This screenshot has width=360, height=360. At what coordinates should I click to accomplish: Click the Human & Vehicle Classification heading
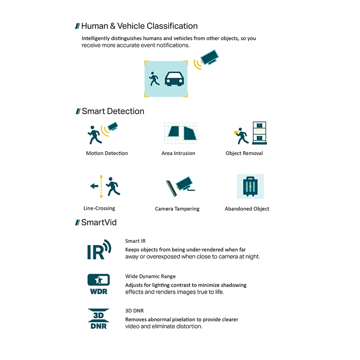tap(139, 26)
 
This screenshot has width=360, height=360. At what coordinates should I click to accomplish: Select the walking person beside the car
tap(154, 79)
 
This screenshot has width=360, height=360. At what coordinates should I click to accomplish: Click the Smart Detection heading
tap(113, 111)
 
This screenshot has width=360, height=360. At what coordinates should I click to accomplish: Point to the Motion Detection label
tap(107, 153)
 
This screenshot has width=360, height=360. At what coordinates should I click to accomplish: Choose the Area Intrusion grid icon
tap(180, 133)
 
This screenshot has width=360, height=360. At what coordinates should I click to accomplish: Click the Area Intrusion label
tap(178, 153)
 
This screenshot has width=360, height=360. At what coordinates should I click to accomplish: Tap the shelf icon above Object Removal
tap(259, 133)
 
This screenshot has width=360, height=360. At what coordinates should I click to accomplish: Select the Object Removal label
tap(244, 153)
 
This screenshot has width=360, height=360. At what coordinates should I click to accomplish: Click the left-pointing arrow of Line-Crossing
tap(94, 186)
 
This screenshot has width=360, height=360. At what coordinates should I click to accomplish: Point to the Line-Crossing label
tap(99, 208)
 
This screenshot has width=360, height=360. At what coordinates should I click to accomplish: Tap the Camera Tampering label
tap(177, 208)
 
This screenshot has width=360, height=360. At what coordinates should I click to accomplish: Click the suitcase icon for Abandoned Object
tap(250, 186)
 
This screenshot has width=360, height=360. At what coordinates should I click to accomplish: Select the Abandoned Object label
tap(247, 208)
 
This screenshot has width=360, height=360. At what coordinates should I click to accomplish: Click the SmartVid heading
tap(99, 222)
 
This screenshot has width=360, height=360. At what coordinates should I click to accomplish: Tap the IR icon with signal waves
tap(99, 250)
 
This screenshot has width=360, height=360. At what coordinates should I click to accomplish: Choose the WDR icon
tap(99, 284)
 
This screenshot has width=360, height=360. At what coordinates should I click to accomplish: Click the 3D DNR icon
tap(99, 318)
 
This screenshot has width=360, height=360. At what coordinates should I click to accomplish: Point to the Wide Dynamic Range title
tap(150, 276)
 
